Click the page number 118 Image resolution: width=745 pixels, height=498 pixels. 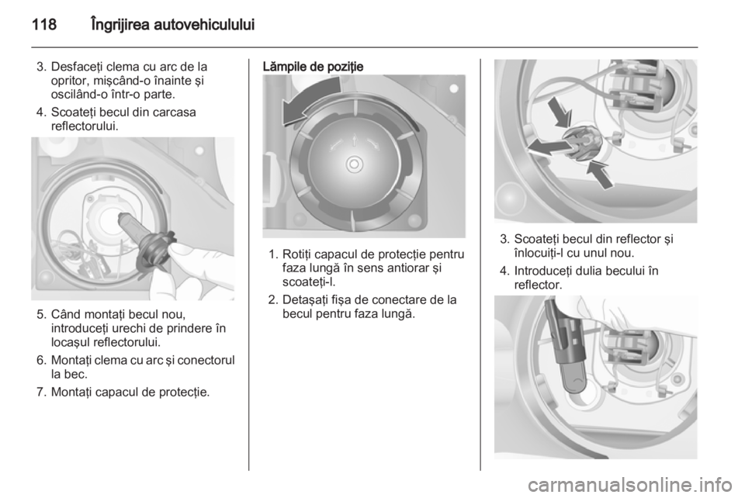point(44,24)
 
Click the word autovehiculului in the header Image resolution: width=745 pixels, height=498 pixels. point(206,24)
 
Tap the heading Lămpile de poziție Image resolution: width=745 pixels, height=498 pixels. point(313,67)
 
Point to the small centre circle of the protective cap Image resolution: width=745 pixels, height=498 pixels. point(354,164)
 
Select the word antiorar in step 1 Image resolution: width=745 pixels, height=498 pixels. point(405,268)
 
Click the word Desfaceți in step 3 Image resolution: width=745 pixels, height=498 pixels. point(78,67)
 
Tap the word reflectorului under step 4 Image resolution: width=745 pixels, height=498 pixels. point(85,126)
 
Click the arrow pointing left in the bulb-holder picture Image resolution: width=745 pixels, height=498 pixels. point(546,147)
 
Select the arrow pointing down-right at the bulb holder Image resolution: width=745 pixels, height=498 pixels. point(560,112)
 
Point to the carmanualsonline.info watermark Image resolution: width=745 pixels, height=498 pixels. point(629,485)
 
